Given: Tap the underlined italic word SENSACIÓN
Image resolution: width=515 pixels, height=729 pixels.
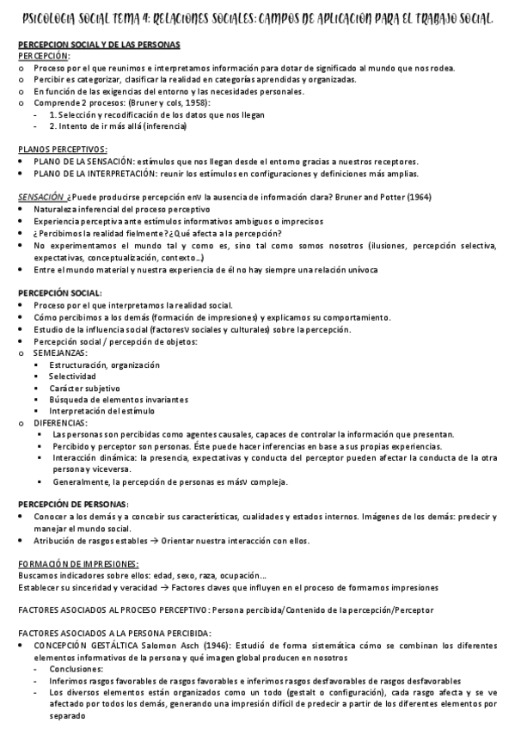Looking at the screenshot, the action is [40, 197].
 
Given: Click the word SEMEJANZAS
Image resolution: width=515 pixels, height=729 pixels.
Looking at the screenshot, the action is [59, 353].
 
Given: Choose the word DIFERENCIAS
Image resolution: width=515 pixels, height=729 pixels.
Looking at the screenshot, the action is [60, 423].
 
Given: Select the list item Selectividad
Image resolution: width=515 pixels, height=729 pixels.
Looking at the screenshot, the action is [72, 377].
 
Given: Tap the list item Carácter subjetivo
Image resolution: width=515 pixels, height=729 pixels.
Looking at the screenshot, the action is [84, 389].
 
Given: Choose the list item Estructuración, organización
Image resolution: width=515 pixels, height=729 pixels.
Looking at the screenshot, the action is [105, 365].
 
